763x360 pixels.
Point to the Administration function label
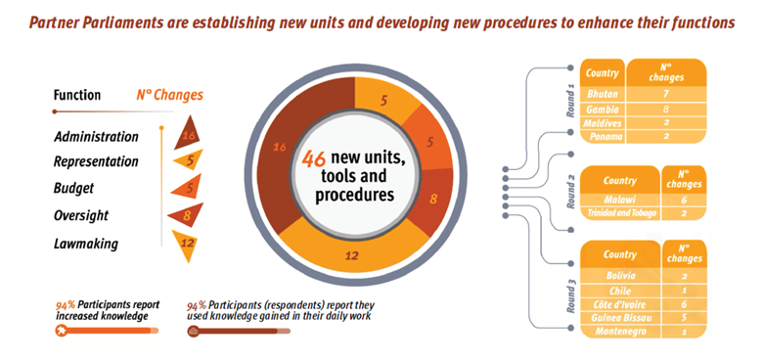coord(96,137)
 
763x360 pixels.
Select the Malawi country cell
coord(620,200)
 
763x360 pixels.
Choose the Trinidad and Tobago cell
coord(620,214)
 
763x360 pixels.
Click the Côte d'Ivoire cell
coord(620,303)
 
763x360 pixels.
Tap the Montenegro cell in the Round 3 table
coord(620,332)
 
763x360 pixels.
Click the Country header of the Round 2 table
coord(620,181)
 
